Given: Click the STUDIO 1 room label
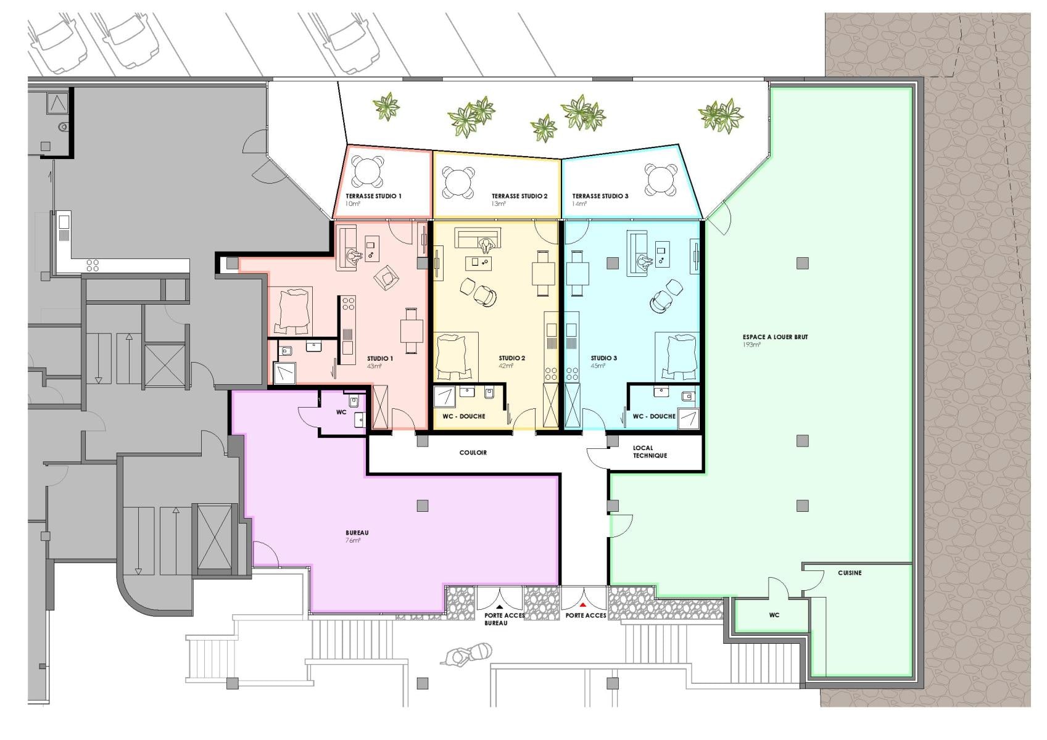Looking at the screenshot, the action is tap(379, 358).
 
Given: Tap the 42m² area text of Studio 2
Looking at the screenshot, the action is tap(506, 366).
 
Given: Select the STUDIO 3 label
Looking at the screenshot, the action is tap(603, 358).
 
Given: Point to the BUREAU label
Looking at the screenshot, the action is tap(357, 533).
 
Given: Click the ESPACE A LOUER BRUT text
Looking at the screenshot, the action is tap(775, 337).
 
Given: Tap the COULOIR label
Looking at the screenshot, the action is tap(473, 452).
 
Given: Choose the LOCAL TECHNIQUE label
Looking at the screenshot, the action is tap(650, 451).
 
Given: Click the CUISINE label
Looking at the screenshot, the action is tap(850, 572).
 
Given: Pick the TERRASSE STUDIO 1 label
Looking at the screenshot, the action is tap(373, 196).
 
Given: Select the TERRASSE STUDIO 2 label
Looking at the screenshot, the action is tap(519, 196).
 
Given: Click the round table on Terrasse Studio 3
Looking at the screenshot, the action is tap(660, 179).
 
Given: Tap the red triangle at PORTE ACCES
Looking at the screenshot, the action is tap(583, 606).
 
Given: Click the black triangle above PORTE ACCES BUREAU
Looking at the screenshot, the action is tap(500, 607).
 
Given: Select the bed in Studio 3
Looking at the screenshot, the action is tap(679, 356).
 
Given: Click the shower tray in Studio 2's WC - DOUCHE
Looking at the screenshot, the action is tap(444, 396).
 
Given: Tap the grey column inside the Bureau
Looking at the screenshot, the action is tap(423, 506).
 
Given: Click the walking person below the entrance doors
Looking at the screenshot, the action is tap(466, 654).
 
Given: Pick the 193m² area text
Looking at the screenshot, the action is tap(751, 345).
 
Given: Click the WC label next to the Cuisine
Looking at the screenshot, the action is tap(774, 615).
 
